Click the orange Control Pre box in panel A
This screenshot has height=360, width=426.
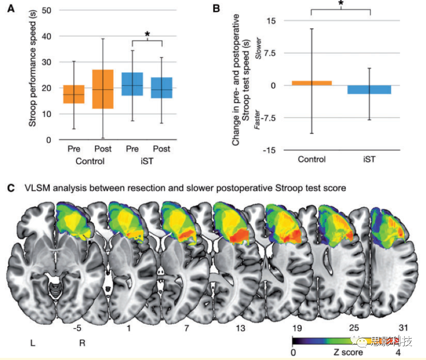click(73, 94)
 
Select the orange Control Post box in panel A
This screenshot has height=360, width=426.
click(103, 89)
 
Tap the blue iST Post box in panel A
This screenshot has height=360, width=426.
click(162, 88)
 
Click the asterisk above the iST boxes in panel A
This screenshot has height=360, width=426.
click(147, 34)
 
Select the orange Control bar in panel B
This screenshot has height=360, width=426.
click(311, 83)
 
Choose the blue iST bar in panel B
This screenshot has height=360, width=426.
click(370, 90)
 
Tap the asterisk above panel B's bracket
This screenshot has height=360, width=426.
click(340, 4)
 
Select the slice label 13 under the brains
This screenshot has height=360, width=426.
click(240, 328)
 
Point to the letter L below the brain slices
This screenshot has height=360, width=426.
click(33, 343)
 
